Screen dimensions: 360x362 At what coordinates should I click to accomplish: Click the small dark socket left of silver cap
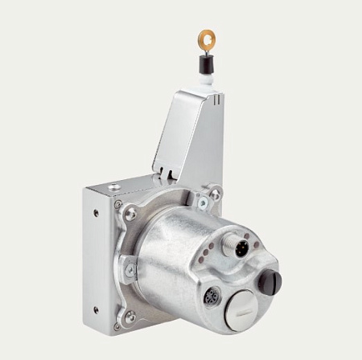[x=212, y=295]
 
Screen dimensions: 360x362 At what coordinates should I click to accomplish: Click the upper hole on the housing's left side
[x=96, y=212]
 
